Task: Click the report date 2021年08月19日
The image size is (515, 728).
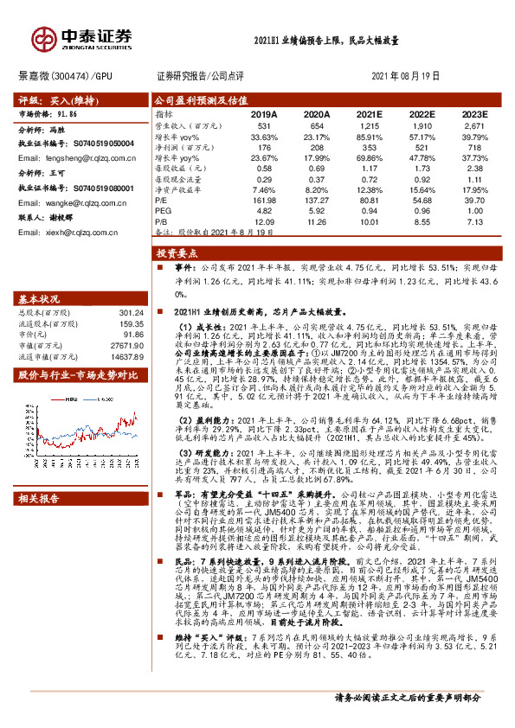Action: point(405,75)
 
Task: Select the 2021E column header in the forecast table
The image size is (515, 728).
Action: point(369,113)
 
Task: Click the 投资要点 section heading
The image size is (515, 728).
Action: point(177,255)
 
